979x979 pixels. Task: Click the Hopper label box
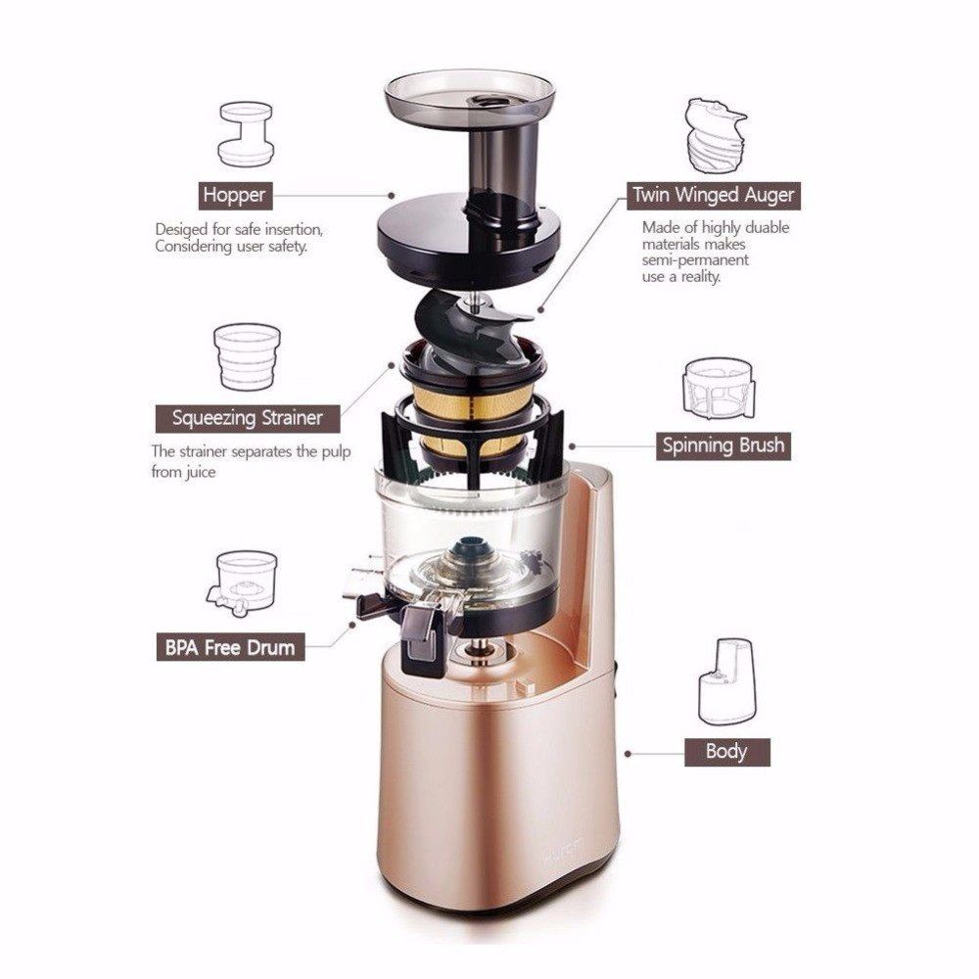click(235, 195)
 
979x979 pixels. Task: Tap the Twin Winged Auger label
click(714, 195)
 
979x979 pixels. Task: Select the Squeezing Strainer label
click(248, 418)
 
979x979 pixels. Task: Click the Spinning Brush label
click(723, 445)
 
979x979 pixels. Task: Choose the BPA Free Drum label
click(230, 647)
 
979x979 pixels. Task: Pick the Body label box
click(726, 752)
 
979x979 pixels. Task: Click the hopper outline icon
click(246, 134)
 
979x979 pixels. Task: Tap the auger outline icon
click(715, 135)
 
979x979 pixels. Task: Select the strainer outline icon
click(248, 356)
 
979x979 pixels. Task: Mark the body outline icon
click(726, 681)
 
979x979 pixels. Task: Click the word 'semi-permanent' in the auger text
click(695, 259)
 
